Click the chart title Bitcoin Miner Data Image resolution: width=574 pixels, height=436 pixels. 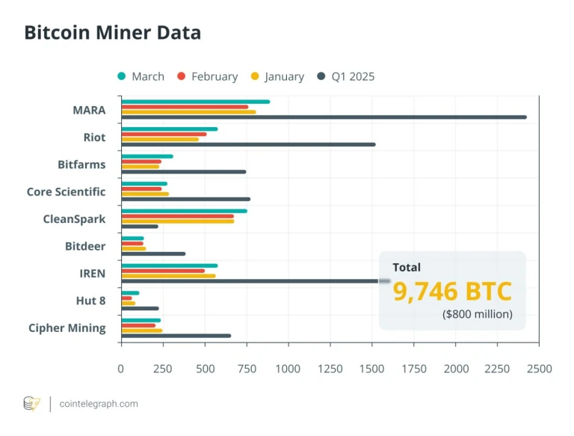pyautogui.click(x=112, y=33)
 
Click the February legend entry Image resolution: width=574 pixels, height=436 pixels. pyautogui.click(x=207, y=76)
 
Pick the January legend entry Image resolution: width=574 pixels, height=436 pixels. pyautogui.click(x=277, y=76)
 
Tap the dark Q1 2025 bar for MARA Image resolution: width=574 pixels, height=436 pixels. pyautogui.click(x=324, y=117)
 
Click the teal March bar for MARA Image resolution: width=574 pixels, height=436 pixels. pyautogui.click(x=195, y=102)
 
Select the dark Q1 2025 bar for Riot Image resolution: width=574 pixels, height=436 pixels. pyautogui.click(x=248, y=144)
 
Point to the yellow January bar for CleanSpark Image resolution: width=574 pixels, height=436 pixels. pyautogui.click(x=177, y=221)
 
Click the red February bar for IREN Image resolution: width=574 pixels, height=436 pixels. pyautogui.click(x=163, y=271)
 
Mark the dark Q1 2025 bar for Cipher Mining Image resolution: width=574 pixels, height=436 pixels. pyautogui.click(x=176, y=336)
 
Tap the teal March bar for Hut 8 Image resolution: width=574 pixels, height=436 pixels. pyautogui.click(x=130, y=293)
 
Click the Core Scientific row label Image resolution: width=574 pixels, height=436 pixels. pyautogui.click(x=66, y=191)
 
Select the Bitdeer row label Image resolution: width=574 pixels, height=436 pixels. pyautogui.click(x=84, y=246)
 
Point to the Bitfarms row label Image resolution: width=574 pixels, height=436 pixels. pyautogui.click(x=81, y=165)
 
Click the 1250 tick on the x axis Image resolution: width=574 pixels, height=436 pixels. pyautogui.click(x=330, y=369)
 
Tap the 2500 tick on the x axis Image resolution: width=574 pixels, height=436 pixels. pyautogui.click(x=539, y=369)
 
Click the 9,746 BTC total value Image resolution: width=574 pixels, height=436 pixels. pyautogui.click(x=452, y=291)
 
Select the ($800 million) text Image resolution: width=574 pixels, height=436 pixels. pyautogui.click(x=478, y=314)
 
